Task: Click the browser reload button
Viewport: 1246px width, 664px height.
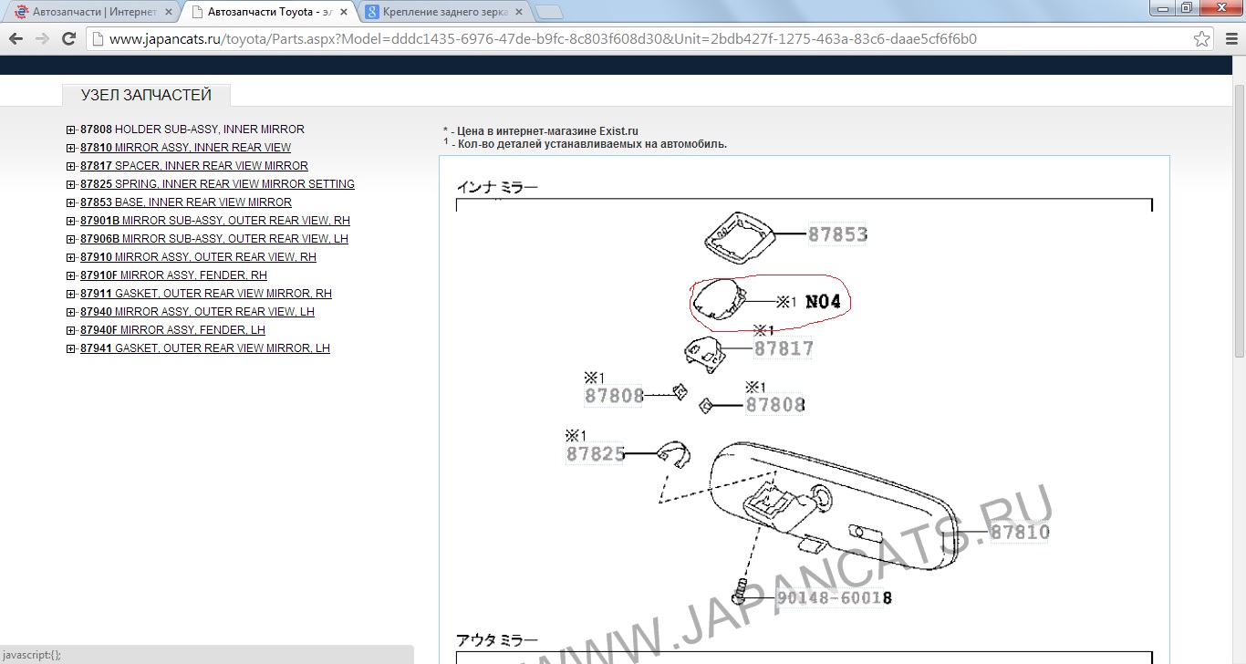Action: coord(68,39)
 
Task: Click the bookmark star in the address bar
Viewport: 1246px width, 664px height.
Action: coord(1201,39)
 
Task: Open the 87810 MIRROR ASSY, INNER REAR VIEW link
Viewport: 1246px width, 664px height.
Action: coord(185,148)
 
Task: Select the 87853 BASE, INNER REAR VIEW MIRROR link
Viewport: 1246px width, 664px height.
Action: coord(186,202)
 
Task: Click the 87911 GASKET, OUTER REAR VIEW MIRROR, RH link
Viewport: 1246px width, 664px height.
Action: coord(206,293)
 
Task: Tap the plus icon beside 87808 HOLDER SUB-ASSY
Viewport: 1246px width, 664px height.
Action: coord(70,130)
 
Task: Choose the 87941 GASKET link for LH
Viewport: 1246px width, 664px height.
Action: coord(204,348)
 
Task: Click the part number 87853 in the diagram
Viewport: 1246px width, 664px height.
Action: coord(837,234)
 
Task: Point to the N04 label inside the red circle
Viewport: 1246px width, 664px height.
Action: coord(823,301)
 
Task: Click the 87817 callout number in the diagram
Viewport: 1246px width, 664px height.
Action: coord(784,348)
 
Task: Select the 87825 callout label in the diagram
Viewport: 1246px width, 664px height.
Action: coord(596,454)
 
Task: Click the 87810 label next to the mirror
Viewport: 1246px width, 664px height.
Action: coord(1020,532)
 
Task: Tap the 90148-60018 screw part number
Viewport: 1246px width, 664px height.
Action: coord(834,597)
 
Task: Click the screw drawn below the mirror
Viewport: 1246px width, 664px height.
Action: coord(739,592)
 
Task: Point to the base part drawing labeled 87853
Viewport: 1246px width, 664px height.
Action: coord(739,237)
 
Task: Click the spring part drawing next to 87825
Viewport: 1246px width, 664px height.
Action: coord(674,454)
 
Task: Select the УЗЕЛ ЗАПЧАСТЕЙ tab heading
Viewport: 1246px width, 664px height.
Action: coord(146,95)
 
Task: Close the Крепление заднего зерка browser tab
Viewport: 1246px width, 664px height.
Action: coord(518,12)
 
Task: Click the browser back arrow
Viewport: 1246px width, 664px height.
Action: coord(16,39)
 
